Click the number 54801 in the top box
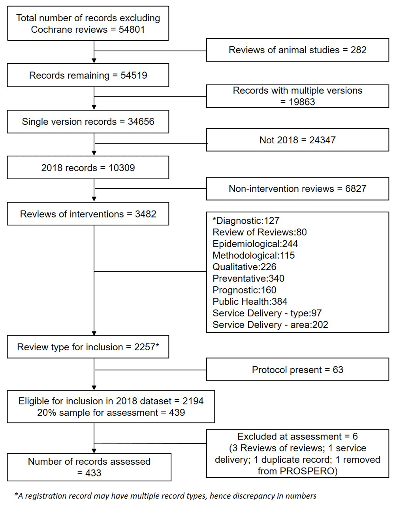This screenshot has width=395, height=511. [x=132, y=30]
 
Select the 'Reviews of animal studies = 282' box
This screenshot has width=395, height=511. [x=298, y=50]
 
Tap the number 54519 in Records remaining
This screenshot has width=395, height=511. [x=134, y=75]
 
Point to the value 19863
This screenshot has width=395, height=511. [x=302, y=102]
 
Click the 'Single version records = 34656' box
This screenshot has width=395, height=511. [x=88, y=122]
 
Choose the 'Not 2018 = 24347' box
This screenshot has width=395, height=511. [x=298, y=140]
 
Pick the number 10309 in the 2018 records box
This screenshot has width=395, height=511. [x=122, y=168]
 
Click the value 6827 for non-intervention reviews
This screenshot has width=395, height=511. [x=355, y=189]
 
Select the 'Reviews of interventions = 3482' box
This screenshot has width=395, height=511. [x=88, y=214]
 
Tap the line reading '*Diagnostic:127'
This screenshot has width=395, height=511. [x=246, y=221]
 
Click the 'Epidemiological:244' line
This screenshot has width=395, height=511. [x=255, y=244]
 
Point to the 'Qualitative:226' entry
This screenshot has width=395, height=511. [x=244, y=267]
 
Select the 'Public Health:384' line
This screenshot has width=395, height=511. [x=250, y=301]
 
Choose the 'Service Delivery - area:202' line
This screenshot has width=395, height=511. [x=270, y=325]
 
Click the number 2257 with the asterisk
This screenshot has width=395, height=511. [x=147, y=347]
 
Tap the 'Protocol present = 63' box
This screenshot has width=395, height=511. [x=298, y=370]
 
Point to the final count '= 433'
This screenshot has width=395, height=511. [x=89, y=473]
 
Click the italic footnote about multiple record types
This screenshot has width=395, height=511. [x=165, y=496]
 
